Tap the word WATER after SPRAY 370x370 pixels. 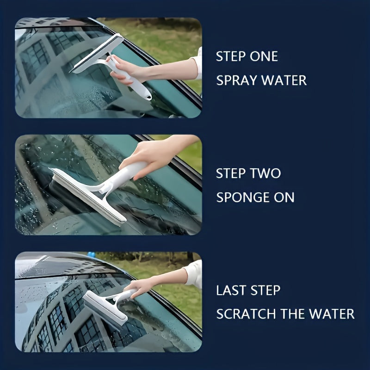(x=284, y=80)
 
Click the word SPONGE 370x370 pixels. (x=242, y=197)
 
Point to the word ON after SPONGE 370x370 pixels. (x=284, y=197)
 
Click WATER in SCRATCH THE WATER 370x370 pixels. (x=332, y=314)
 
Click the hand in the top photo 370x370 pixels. (x=121, y=69)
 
